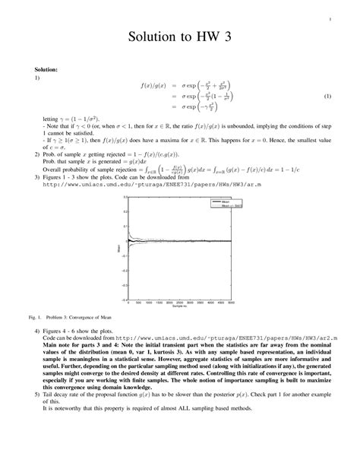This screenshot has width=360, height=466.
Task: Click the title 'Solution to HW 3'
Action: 180,37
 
